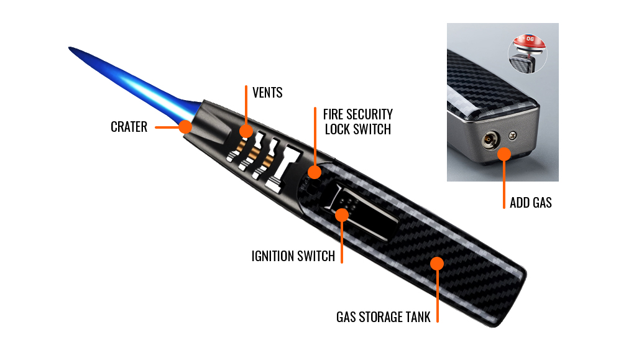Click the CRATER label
(129, 127)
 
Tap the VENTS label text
(267, 93)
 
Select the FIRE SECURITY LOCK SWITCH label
(357, 122)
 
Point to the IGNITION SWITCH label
(293, 256)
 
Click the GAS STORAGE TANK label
(384, 316)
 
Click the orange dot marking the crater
(185, 127)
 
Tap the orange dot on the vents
(246, 131)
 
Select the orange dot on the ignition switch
(342, 215)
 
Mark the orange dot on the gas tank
(437, 264)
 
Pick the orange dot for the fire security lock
(315, 172)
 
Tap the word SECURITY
(370, 114)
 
